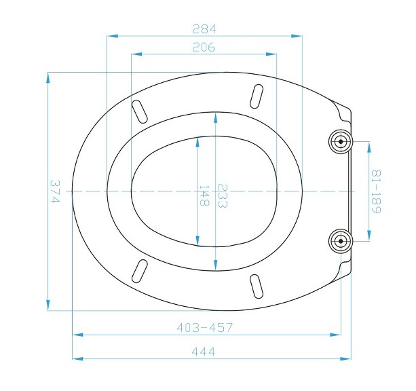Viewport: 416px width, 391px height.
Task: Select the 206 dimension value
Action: click(204, 47)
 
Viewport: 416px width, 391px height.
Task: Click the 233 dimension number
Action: click(222, 196)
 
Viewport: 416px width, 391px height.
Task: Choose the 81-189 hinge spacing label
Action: click(375, 191)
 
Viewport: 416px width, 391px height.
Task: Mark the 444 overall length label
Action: click(204, 351)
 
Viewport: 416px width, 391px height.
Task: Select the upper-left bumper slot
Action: click(139, 111)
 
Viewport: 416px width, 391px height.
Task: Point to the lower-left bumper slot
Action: click(140, 270)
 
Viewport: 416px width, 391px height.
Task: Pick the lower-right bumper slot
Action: click(257, 285)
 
